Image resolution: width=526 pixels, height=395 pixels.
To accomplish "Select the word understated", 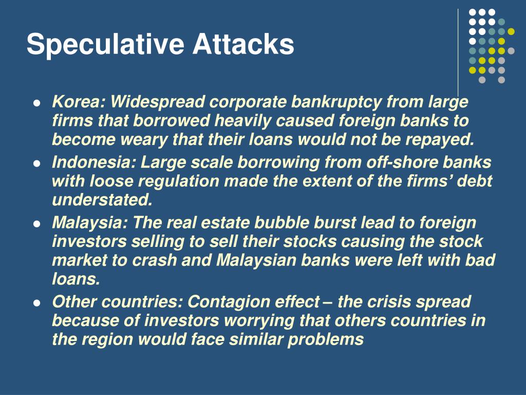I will point(102,200).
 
